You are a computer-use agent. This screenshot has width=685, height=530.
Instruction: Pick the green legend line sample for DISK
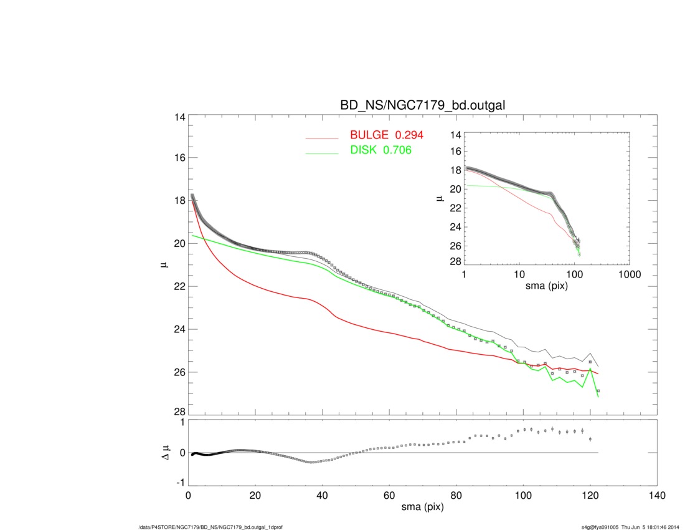coord(322,153)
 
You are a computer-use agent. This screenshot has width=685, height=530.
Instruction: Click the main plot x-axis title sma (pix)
coord(422,508)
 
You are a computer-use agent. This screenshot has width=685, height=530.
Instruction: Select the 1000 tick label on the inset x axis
coord(629,274)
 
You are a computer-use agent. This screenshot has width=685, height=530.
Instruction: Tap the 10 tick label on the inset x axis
coord(519,274)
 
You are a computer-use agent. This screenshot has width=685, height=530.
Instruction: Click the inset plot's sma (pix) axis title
coord(546,287)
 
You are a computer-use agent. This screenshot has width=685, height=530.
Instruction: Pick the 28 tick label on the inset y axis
coord(455,261)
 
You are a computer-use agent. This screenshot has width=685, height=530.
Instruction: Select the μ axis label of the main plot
coord(164,265)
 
